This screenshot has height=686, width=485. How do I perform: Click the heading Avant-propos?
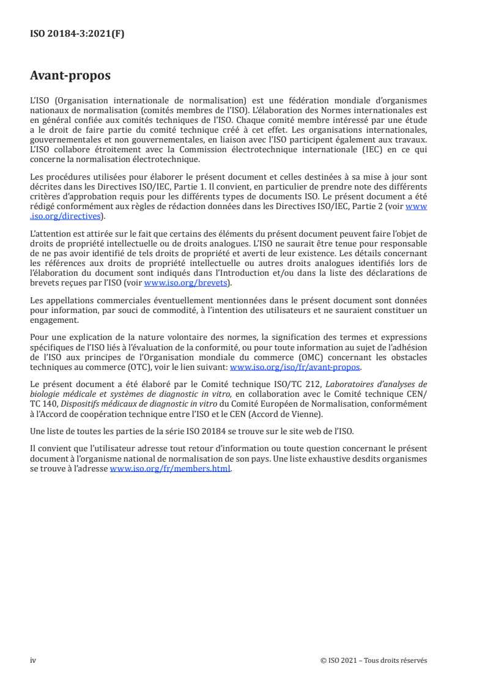(x=70, y=76)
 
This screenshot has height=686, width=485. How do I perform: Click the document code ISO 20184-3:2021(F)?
(x=77, y=34)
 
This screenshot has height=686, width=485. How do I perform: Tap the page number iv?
(x=33, y=660)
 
